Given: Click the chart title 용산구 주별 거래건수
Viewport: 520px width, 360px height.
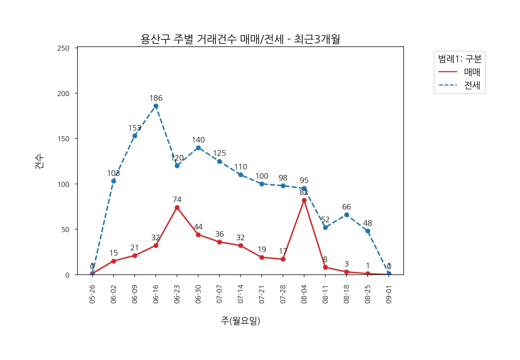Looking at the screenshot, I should coord(240,39).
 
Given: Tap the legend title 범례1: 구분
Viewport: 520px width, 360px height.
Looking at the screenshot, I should coord(460,59).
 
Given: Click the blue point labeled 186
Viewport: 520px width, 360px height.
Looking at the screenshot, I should coord(156,106).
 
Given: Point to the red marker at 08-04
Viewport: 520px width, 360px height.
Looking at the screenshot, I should coord(304,200).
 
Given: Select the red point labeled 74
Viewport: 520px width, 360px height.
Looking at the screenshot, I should coord(177,208).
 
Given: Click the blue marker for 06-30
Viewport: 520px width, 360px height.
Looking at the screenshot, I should coord(198,148).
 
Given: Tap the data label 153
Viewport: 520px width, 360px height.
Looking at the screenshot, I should coord(135,128).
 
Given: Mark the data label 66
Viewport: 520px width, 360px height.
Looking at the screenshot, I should coord(346,207).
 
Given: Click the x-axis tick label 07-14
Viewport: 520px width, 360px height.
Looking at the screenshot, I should coord(241,294).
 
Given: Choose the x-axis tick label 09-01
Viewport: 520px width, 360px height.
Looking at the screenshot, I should coord(389,294).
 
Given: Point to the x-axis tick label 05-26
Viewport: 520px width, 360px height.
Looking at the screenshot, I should coord(92,294).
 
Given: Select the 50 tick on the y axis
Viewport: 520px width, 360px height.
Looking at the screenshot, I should coord(65,230).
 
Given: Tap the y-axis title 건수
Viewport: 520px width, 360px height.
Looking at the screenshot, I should coord(39,162).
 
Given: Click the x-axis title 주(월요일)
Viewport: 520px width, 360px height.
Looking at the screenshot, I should coord(240,321).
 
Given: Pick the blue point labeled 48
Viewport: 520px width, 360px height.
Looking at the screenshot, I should coord(368,231).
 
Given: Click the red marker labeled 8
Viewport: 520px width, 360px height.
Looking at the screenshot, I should coord(325,267).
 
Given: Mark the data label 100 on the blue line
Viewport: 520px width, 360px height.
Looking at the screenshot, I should coord(262,176).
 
